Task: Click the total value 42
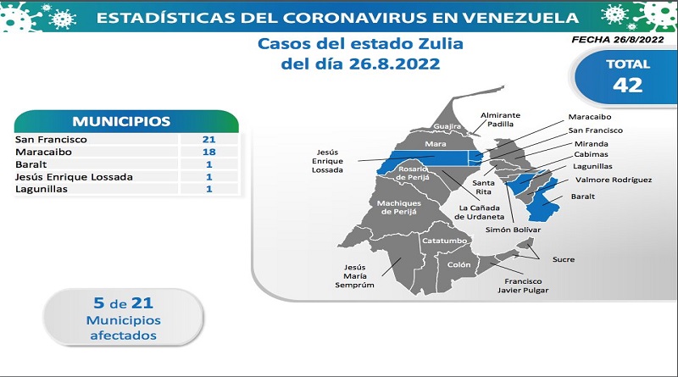(x=627, y=85)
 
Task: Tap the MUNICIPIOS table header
(x=121, y=121)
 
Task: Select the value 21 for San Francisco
(x=208, y=139)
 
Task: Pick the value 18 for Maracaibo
(x=208, y=152)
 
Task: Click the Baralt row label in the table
(x=31, y=164)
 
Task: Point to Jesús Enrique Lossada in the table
(x=74, y=177)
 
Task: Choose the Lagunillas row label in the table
(x=42, y=189)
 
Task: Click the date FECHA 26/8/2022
(x=618, y=39)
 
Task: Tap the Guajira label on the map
(x=447, y=126)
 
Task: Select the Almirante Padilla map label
(x=500, y=119)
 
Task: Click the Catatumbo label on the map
(x=444, y=241)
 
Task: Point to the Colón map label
(x=458, y=264)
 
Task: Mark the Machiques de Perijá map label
(x=398, y=208)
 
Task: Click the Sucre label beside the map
(x=564, y=259)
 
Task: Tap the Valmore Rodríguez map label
(x=614, y=180)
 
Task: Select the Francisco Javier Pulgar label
(x=523, y=286)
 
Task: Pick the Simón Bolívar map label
(x=513, y=230)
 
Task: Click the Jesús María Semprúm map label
(x=354, y=276)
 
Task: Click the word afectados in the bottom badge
(x=123, y=335)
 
